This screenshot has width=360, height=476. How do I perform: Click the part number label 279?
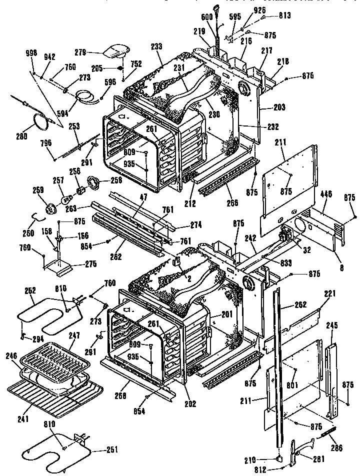click(80, 52)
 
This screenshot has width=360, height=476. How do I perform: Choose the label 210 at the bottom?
click(263, 459)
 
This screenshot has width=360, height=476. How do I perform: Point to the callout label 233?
click(156, 46)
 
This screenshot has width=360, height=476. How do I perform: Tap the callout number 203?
click(279, 107)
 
